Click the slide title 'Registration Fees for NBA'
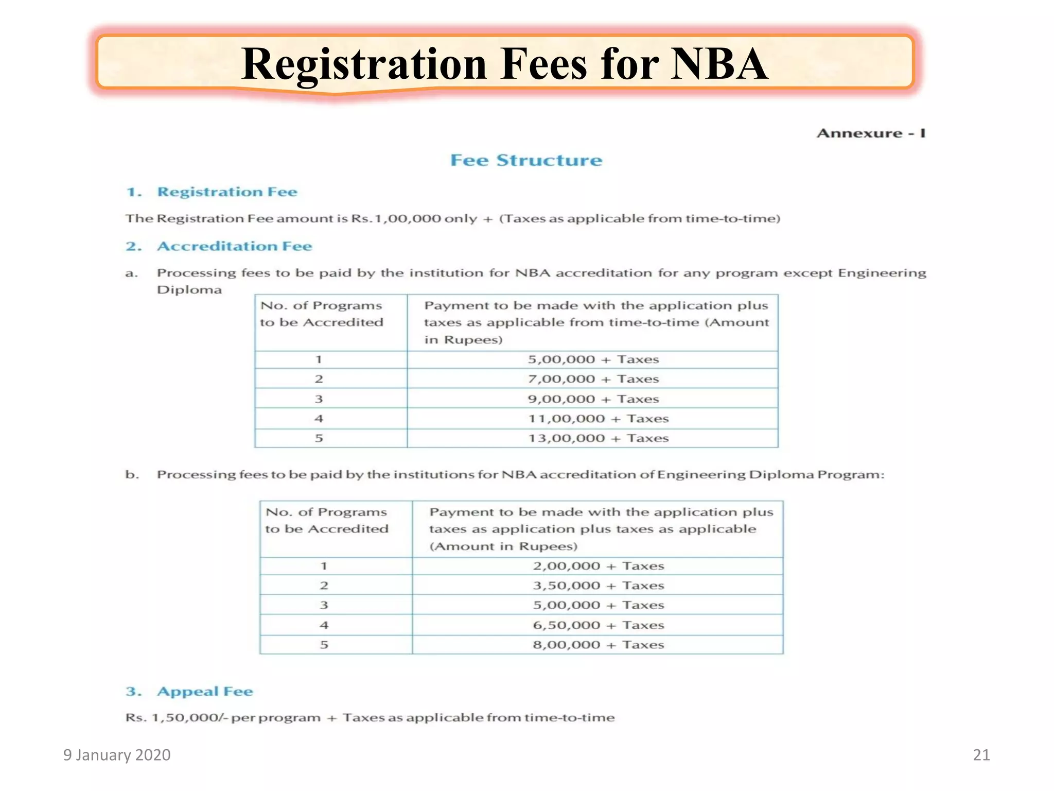coord(504,64)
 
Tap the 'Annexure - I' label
coord(871,133)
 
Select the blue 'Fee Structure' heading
coord(526,160)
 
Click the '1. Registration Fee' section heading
coord(212,192)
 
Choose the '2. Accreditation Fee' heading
coord(219,246)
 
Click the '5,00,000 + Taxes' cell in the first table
coord(593,359)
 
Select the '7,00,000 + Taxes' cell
coord(593,379)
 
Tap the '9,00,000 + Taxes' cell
coord(593,399)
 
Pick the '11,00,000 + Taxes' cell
coord(598,419)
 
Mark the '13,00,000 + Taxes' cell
coord(598,438)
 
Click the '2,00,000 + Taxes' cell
coord(598,566)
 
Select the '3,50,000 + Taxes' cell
coord(598,586)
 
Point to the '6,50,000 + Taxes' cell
coord(598,625)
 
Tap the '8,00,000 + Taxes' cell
coord(598,645)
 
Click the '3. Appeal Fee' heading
coord(189,692)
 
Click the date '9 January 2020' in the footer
coord(117,755)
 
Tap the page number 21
coord(981,755)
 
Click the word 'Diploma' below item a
coord(189,290)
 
